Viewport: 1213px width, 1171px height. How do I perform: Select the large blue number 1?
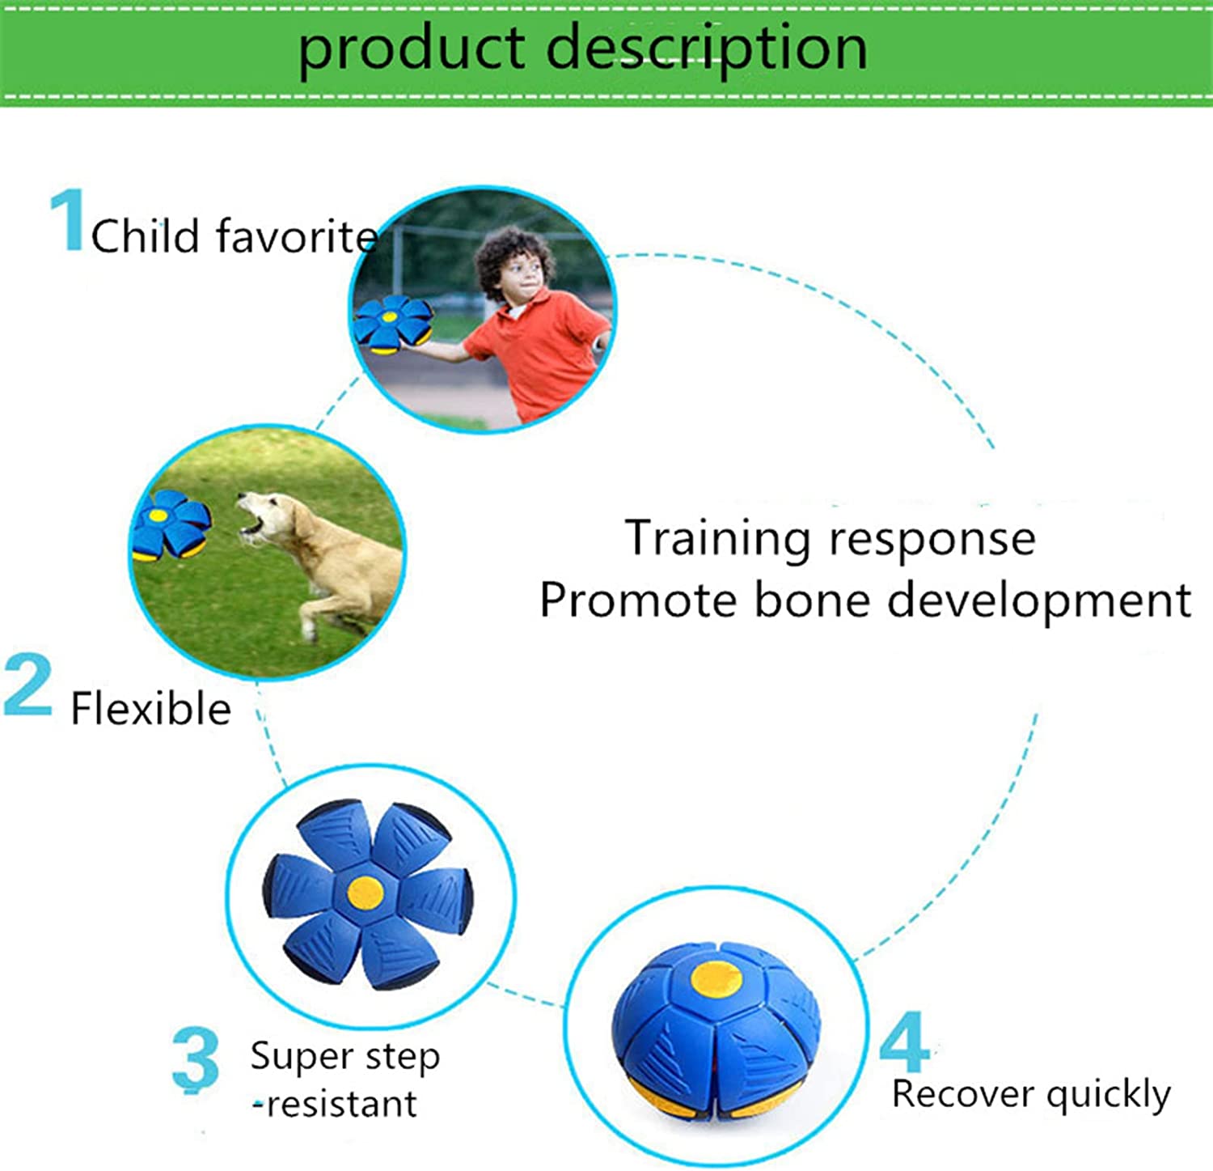68,220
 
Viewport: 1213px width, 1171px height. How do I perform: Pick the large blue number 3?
196,1059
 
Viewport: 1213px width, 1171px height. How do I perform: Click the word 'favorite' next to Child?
296,236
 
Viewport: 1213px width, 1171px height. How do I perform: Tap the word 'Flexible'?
151,709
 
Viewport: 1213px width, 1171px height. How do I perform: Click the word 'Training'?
718,540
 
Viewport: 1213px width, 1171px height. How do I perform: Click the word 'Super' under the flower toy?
301,1056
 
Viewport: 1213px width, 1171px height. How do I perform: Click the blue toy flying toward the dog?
171,524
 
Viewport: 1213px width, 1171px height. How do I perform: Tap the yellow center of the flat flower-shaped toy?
366,892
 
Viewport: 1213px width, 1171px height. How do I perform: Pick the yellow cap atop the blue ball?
716,978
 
